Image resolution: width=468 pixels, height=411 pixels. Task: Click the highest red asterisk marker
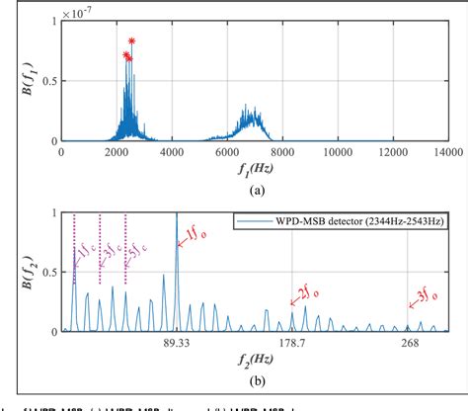(132, 41)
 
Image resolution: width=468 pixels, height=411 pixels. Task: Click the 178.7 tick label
(293, 342)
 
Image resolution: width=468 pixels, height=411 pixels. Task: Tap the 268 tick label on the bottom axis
(409, 342)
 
